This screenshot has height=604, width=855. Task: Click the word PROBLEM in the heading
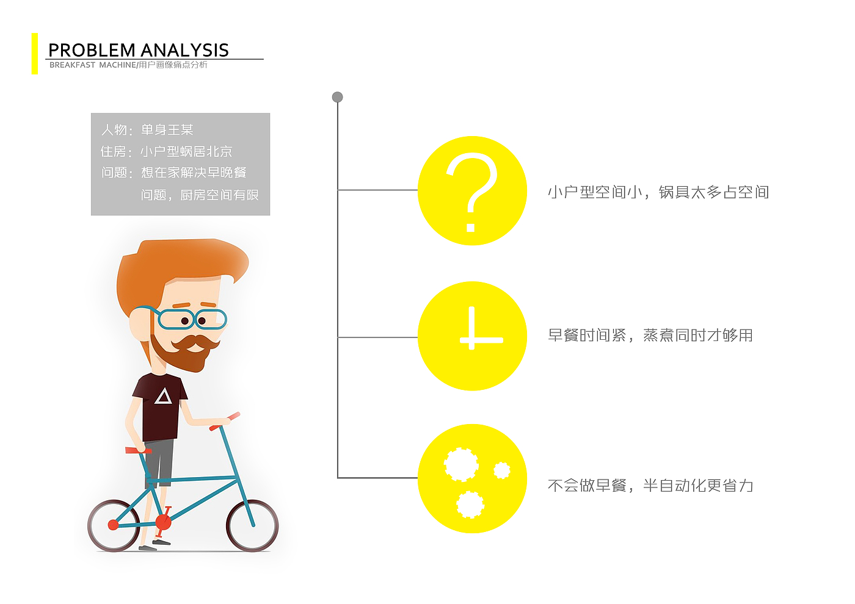(x=92, y=50)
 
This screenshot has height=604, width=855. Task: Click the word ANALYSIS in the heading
(x=184, y=50)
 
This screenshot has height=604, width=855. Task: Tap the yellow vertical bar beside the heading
(x=35, y=54)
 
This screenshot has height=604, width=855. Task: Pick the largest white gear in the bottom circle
(x=461, y=464)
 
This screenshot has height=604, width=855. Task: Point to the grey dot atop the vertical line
(x=337, y=97)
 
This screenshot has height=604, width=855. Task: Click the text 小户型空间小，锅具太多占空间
(x=658, y=192)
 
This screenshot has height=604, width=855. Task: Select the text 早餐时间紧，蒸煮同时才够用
(x=650, y=335)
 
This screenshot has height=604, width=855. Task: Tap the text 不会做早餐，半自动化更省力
(x=650, y=486)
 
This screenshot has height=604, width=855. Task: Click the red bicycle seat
(x=138, y=451)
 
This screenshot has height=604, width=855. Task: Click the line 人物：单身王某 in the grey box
(x=147, y=130)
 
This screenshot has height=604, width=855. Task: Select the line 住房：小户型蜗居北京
(x=166, y=152)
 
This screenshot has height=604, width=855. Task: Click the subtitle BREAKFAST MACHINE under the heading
(x=93, y=65)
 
